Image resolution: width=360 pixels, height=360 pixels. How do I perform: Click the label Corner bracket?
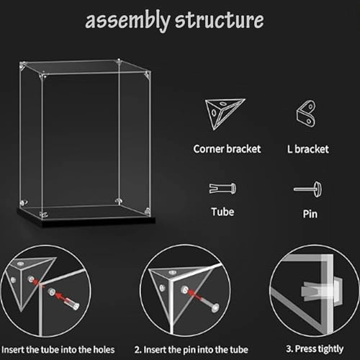point(227,150)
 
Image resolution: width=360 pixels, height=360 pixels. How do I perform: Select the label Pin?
point(312,215)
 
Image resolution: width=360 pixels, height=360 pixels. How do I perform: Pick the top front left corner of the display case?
point(42,73)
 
